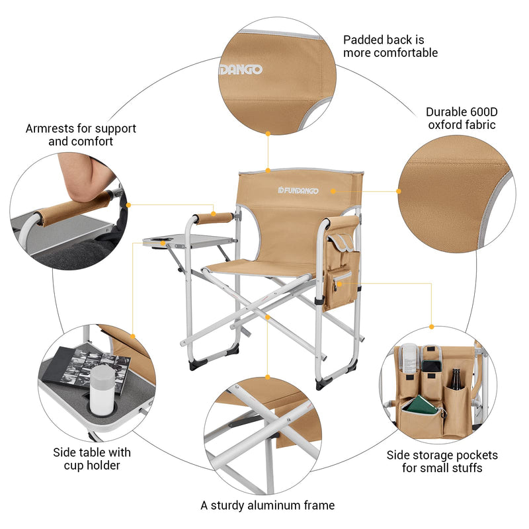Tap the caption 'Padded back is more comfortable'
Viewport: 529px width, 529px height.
click(x=390, y=46)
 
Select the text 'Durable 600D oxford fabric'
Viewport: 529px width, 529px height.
click(x=461, y=118)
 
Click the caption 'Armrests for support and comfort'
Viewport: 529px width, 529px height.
click(x=81, y=135)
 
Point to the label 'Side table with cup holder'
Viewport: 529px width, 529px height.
click(x=92, y=459)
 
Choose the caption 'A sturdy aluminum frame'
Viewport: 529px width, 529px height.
click(x=268, y=505)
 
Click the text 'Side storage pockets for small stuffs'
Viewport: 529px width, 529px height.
click(x=442, y=462)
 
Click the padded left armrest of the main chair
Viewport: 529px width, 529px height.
click(x=214, y=218)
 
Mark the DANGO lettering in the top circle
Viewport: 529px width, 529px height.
click(x=241, y=69)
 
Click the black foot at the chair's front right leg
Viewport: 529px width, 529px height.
click(x=325, y=382)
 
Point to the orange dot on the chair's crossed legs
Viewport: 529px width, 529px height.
click(x=267, y=317)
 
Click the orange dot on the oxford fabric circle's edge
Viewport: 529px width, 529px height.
click(x=399, y=191)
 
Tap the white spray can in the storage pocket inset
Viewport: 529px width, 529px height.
click(x=409, y=361)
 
